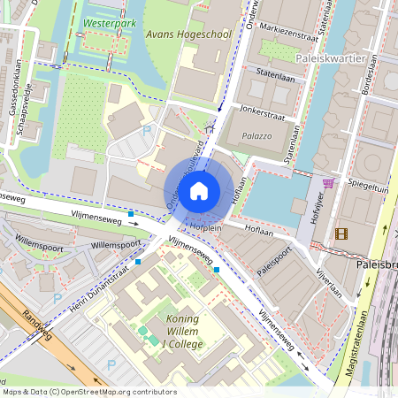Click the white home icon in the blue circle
(199, 190)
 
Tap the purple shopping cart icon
(329, 183)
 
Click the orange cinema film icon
(341, 233)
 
